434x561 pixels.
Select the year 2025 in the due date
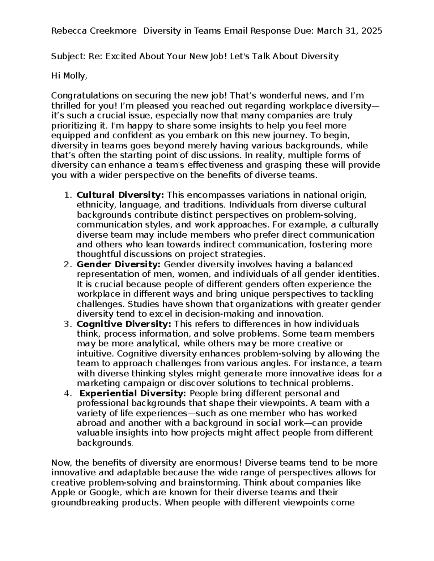pos(371,31)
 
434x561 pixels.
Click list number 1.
pos(67,195)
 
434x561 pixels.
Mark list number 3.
pos(67,324)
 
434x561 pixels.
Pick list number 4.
pos(67,393)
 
